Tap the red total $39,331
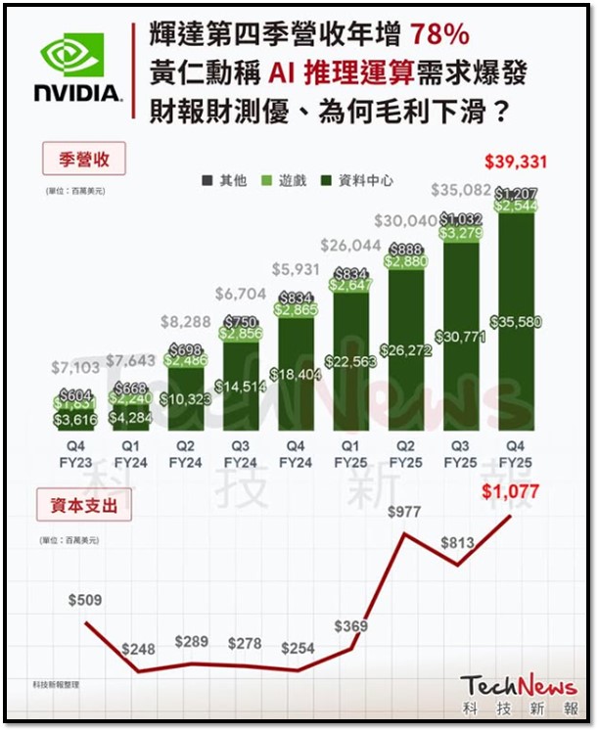coord(515,161)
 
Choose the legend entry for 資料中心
coord(357,180)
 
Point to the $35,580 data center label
coord(520,322)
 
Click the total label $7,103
coord(73,368)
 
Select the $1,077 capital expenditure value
coord(510,491)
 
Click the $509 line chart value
coord(86,599)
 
